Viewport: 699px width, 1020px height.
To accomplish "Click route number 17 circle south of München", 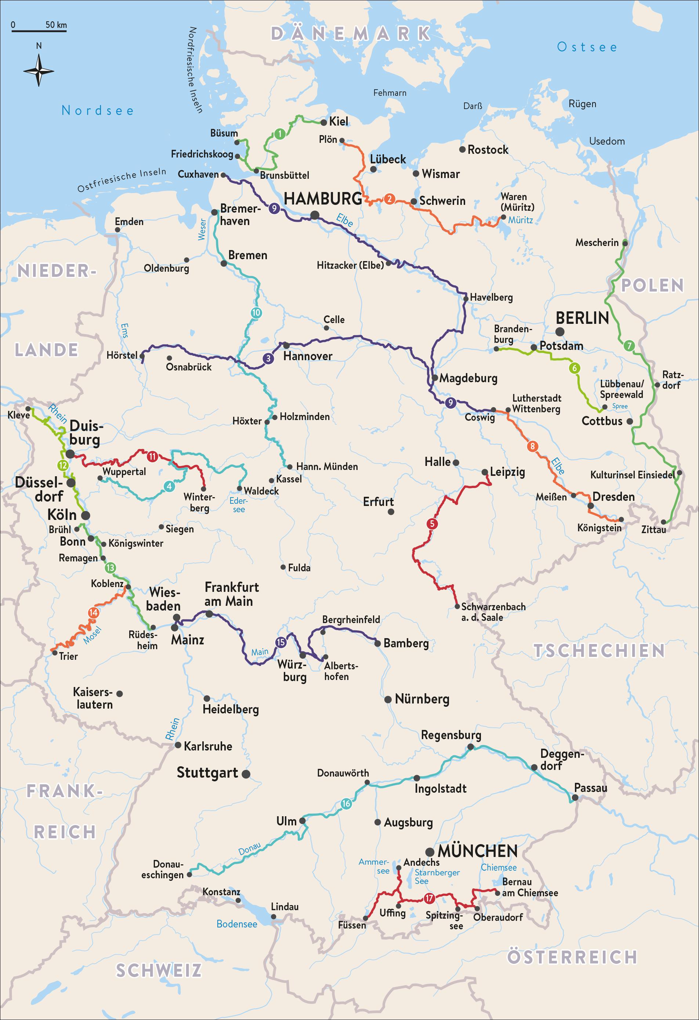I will (429, 898).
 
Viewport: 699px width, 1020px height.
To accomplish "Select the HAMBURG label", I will (323, 199).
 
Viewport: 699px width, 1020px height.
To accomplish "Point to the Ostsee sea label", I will (587, 47).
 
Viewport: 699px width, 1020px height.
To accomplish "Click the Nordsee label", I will (97, 111).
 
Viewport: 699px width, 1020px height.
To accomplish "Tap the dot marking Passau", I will (575, 797).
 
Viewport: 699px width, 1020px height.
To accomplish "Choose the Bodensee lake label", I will (236, 924).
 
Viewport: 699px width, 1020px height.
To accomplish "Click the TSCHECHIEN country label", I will (598, 651).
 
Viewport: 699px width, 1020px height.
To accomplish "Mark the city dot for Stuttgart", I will (246, 774).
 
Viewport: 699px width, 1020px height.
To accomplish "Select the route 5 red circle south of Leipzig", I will (432, 523).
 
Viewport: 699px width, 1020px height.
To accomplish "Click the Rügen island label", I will (582, 104).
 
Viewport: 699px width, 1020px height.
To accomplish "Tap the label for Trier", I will (68, 656).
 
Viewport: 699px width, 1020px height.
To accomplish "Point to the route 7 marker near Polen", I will (629, 346).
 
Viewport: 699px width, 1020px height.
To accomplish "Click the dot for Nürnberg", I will (388, 699).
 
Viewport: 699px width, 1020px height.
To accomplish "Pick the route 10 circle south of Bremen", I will (256, 312).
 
